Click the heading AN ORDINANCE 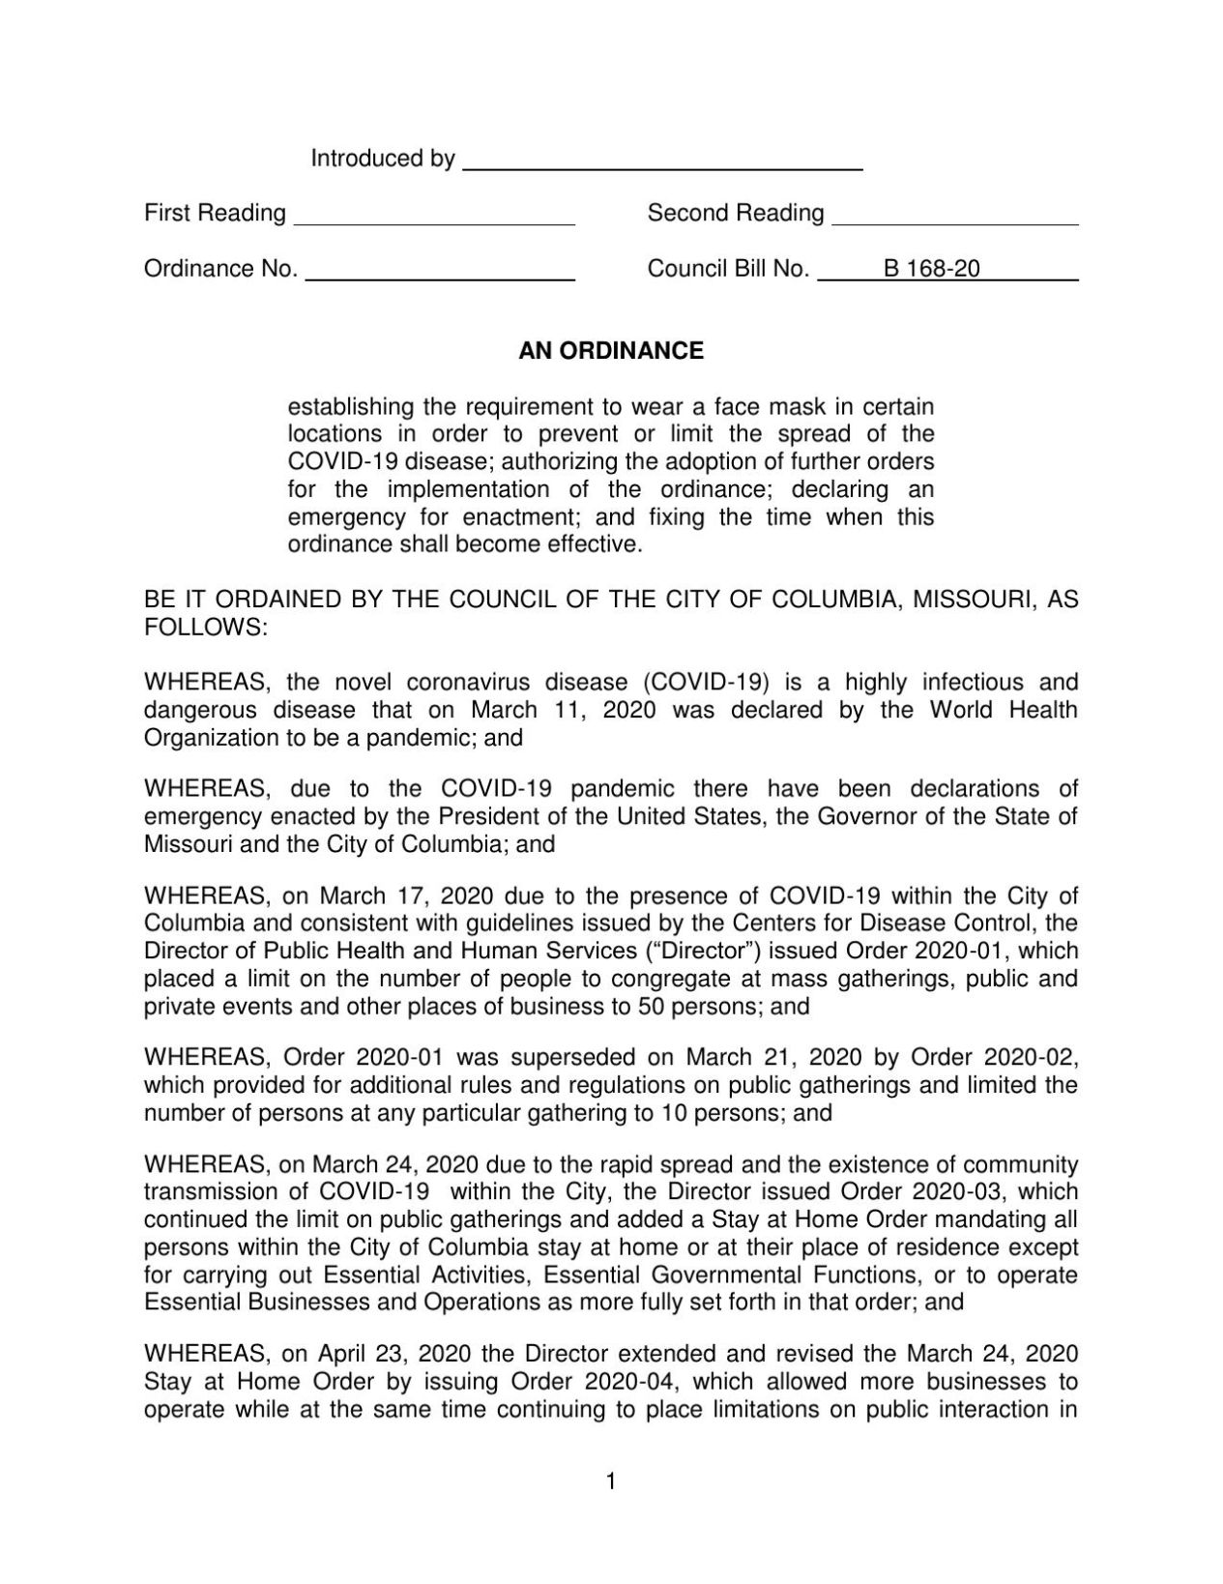(x=611, y=351)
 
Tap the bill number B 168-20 (x=931, y=269)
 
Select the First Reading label (x=215, y=213)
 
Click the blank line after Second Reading (x=954, y=218)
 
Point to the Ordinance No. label (x=220, y=269)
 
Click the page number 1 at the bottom (x=610, y=1481)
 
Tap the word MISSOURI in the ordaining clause (x=972, y=600)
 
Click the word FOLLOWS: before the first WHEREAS (x=205, y=628)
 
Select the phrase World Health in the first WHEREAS (x=1004, y=710)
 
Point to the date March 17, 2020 (x=404, y=895)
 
